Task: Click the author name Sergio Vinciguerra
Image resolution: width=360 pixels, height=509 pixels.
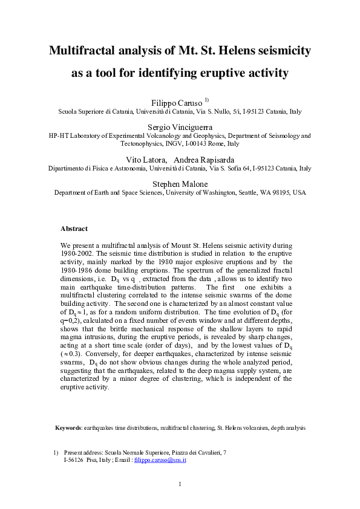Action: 180,126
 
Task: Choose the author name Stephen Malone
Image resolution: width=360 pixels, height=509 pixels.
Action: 180,183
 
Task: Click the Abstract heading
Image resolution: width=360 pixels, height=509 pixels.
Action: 74,229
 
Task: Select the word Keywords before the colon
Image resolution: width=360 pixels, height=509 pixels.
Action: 68,427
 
